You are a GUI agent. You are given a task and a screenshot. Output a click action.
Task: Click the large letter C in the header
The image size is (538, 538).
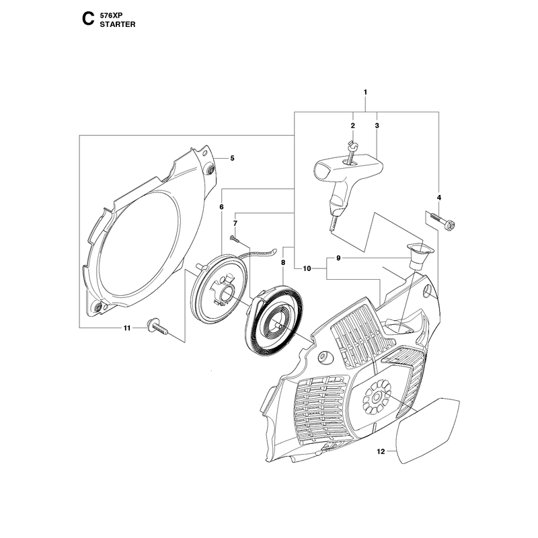pos(88,20)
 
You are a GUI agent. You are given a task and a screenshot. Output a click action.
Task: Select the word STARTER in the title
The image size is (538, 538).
pos(117,24)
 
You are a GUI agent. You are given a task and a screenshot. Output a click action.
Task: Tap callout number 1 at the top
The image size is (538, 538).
pos(365,92)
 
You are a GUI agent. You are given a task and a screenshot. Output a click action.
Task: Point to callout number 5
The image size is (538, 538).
pos(232,158)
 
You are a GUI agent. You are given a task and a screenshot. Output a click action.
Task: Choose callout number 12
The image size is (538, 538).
pos(381,451)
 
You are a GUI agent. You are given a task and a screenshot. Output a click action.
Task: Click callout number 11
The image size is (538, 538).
pos(127,328)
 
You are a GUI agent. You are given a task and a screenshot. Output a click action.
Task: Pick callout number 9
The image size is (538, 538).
pos(338,258)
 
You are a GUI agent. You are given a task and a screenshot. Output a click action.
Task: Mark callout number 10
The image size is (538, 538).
pos(307,268)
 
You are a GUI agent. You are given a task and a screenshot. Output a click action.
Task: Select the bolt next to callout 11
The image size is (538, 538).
pos(157,326)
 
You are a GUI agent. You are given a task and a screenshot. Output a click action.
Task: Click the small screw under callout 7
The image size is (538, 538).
pos(234,238)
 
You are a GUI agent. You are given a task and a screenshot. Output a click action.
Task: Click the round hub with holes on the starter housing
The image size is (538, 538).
pos(377,397)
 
